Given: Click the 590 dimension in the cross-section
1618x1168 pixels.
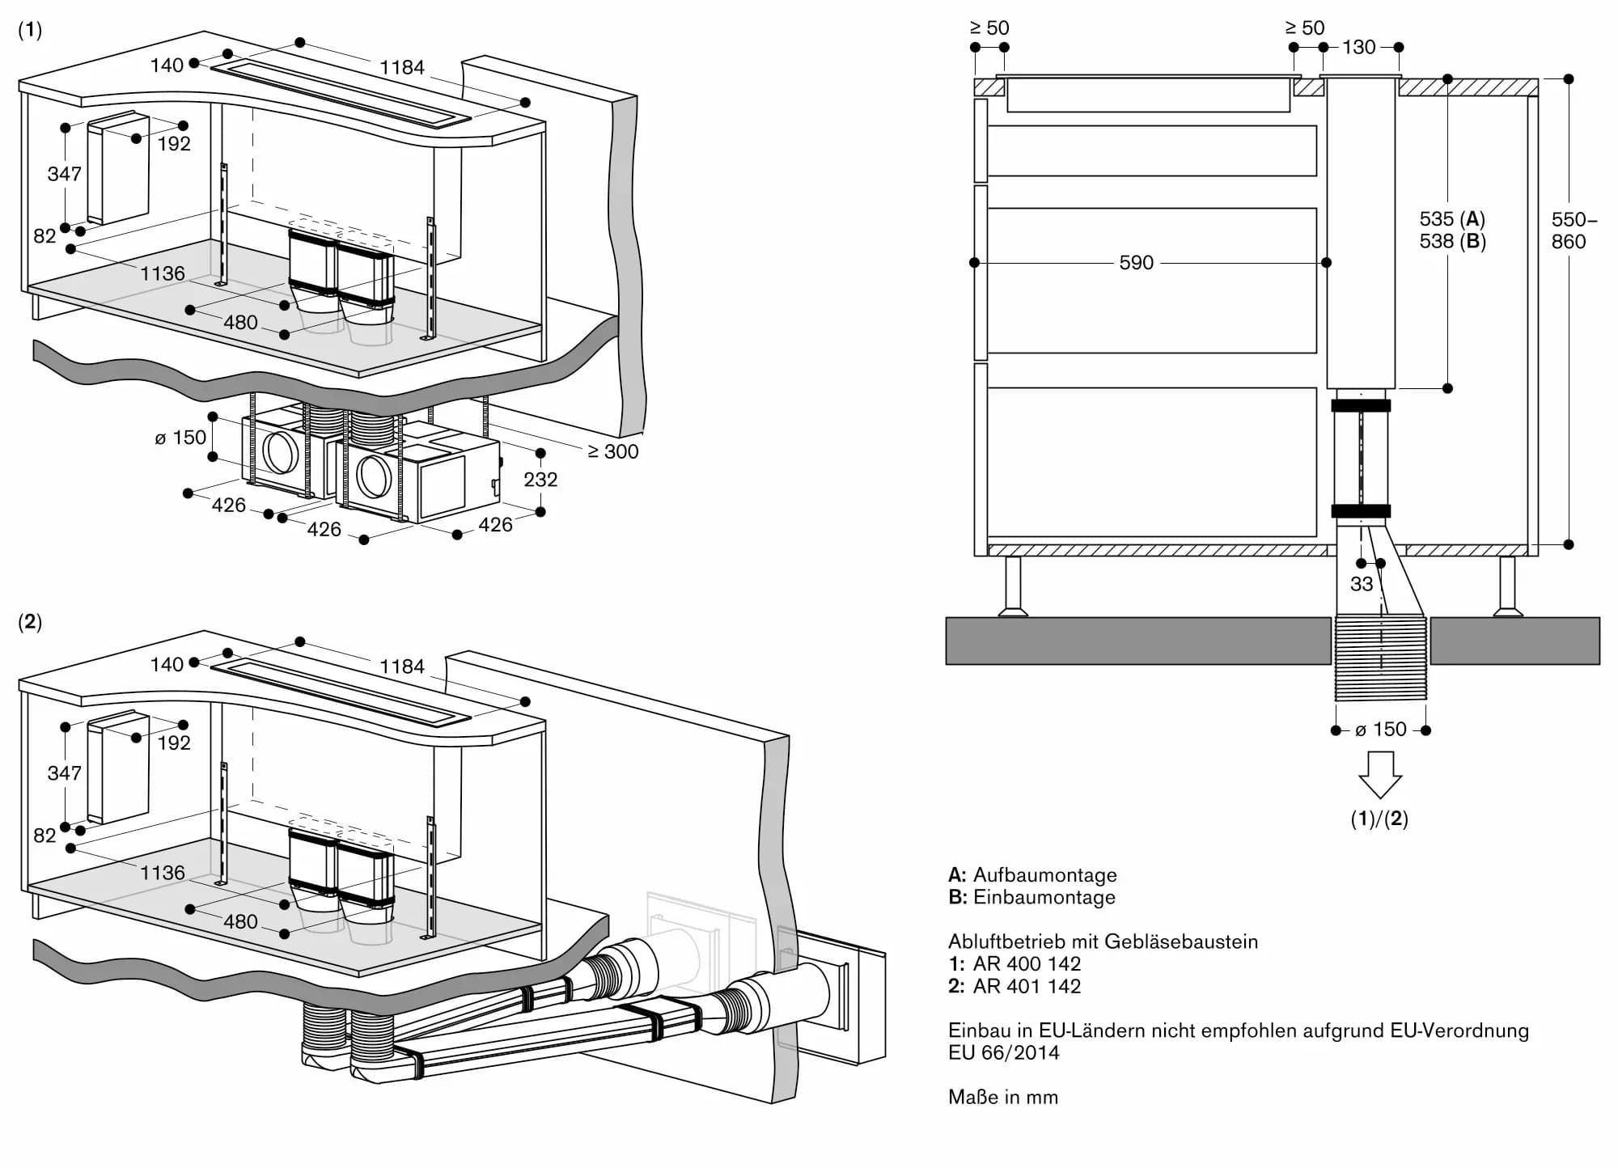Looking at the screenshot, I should pos(1136,263).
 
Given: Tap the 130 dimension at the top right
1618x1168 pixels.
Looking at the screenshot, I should pos(1358,47).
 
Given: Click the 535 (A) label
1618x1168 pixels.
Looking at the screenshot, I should pos(1452,218).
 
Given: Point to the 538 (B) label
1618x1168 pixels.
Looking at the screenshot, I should pos(1452,241).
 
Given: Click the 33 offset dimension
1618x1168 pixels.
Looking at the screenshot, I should pos(1362,584).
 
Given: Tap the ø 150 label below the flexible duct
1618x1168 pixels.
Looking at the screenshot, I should pos(1381,730).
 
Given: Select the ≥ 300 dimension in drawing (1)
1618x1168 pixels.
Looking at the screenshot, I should pos(613,451).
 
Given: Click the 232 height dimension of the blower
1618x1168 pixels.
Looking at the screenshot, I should pos(540,480).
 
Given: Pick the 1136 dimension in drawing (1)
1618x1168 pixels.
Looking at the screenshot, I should pos(163,273).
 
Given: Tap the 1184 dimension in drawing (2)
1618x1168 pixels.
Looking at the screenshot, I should pos(402,667).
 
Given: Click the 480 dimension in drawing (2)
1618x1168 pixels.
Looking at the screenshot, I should pos(240,921).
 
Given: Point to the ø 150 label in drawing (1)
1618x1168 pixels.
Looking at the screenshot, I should pos(180,438).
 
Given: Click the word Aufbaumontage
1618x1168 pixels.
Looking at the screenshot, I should pos(1044,874).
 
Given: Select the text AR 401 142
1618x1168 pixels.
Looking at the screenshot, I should pos(1027,986).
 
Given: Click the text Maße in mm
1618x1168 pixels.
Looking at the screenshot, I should pos(1003,1097).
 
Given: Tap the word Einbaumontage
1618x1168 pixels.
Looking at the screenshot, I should pos(1044,897).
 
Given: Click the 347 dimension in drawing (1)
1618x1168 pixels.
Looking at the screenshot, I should pos(64,174).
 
